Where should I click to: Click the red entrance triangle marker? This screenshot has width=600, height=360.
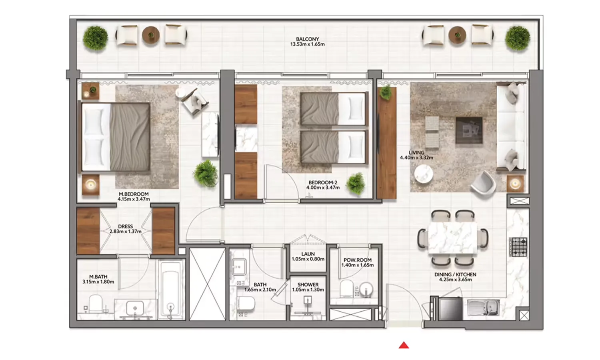coord(404,345)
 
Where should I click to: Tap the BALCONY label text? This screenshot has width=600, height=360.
coord(307,39)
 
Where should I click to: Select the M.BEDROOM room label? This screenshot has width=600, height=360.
coord(134,194)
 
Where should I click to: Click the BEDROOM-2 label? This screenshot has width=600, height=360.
coord(323,182)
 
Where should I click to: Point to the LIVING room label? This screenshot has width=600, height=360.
coord(416,152)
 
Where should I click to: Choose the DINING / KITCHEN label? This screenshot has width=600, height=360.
coord(455,274)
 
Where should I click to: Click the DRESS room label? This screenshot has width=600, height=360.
coord(125,226)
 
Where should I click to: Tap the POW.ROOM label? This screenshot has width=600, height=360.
coord(357,260)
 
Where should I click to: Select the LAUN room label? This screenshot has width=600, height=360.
coord(308,254)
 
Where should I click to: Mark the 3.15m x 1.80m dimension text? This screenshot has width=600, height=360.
coord(98,282)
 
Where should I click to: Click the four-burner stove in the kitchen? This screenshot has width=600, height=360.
coord(518,247)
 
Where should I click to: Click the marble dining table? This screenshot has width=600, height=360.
coord(452,238)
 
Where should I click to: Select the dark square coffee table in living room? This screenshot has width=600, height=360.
coord(469,130)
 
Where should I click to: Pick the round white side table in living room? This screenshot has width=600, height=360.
coord(423,174)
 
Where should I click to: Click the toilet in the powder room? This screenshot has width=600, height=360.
coord(346,289)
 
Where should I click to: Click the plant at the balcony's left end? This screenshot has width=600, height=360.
coord(96,38)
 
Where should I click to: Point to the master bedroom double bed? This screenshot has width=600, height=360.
coord(116,137)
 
